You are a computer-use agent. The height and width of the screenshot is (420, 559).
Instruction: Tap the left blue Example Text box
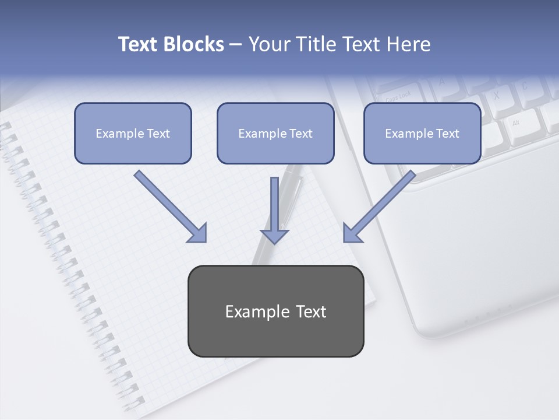pos(133,133)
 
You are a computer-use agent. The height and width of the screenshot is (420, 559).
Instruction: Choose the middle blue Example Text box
pos(275,133)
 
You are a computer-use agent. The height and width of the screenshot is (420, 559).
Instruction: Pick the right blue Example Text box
pos(422,133)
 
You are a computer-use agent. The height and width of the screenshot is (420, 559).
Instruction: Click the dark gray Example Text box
pos(275,311)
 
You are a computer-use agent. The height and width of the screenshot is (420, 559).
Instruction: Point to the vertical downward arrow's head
pos(274,236)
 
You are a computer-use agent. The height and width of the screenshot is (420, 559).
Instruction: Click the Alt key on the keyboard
pos(516,123)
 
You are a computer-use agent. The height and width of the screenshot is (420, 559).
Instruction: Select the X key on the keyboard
pos(496,95)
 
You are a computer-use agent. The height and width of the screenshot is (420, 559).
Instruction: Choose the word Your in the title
pos(269,44)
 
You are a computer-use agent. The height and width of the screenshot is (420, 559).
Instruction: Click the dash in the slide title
pos(236,44)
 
